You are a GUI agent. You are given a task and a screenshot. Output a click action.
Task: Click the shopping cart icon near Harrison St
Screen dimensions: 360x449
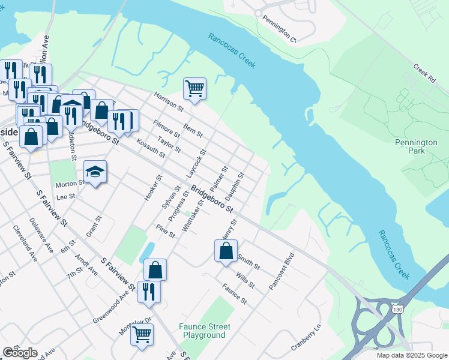tap(194, 89)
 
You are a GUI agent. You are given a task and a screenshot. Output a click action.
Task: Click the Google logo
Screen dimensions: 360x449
tap(20, 353)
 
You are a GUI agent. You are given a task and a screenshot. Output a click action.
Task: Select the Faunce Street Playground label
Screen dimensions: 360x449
tap(204, 331)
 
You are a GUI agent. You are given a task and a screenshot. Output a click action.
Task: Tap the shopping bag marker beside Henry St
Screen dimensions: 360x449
tap(226, 251)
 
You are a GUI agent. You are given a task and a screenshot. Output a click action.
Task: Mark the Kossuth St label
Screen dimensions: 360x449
tap(151, 146)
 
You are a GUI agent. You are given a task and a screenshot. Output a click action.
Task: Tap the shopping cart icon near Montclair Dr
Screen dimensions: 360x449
tap(142, 334)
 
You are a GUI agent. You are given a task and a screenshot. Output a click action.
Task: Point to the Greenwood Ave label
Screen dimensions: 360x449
tap(112, 308)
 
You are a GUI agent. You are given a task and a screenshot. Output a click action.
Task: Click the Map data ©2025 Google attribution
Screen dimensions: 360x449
tap(412, 355)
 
